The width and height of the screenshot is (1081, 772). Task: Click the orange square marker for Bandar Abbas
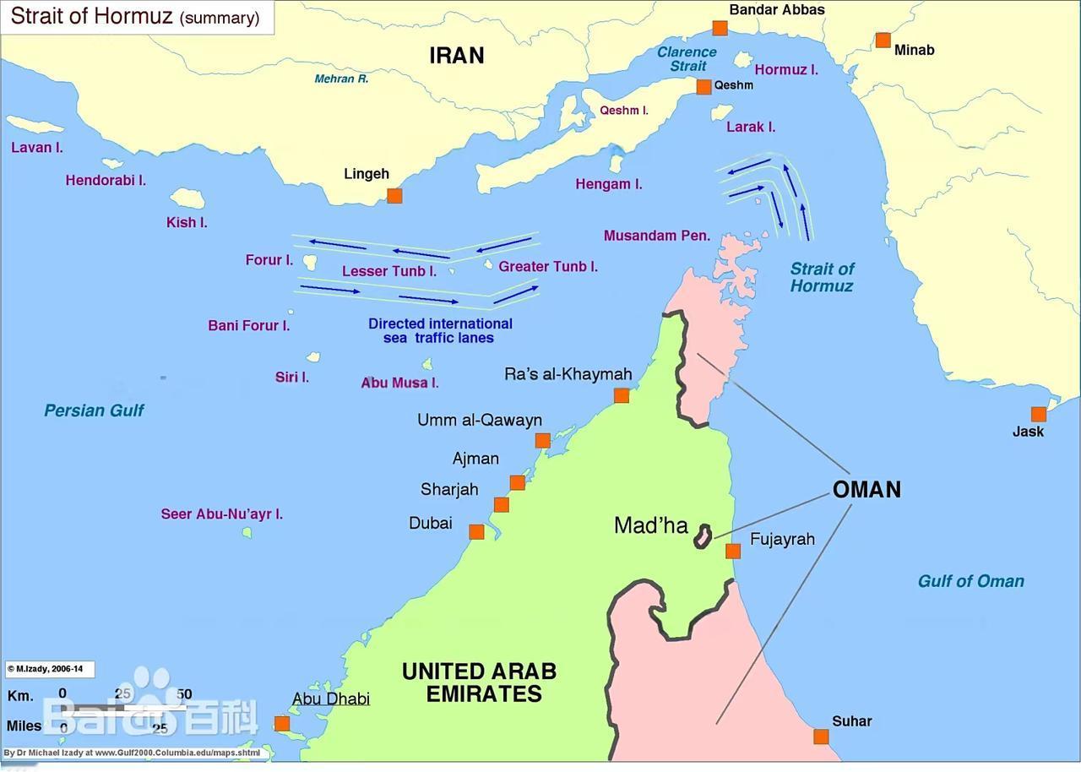pos(720,28)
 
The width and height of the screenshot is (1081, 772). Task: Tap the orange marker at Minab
pos(883,40)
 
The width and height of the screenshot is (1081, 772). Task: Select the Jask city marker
pos(1038,414)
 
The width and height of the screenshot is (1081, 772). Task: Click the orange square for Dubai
pos(476,531)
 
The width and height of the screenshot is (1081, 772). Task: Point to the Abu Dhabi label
pos(331,699)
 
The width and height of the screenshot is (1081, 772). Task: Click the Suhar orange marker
pos(821,737)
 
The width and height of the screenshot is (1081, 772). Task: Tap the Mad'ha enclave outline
pos(703,536)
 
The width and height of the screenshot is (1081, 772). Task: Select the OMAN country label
pos(866,490)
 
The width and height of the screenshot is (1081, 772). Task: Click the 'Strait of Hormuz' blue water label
pos(822,277)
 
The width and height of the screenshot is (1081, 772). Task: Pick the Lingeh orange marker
pos(394,196)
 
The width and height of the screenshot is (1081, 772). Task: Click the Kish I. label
pos(187,223)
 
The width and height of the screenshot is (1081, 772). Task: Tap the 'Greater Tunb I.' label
pos(548,267)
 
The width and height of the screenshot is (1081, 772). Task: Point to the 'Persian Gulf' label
pos(94,410)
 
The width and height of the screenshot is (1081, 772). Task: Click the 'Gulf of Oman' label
pos(970,581)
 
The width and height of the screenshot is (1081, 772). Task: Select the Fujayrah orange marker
pos(733,552)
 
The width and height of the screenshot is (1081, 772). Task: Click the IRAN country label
pos(457,56)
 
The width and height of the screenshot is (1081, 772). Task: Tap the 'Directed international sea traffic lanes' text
pos(440,330)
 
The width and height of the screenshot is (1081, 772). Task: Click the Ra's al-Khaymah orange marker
pos(622,395)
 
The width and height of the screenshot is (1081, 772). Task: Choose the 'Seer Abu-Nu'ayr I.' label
pos(221,514)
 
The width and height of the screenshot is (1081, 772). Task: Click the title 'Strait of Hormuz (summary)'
pos(135,17)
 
